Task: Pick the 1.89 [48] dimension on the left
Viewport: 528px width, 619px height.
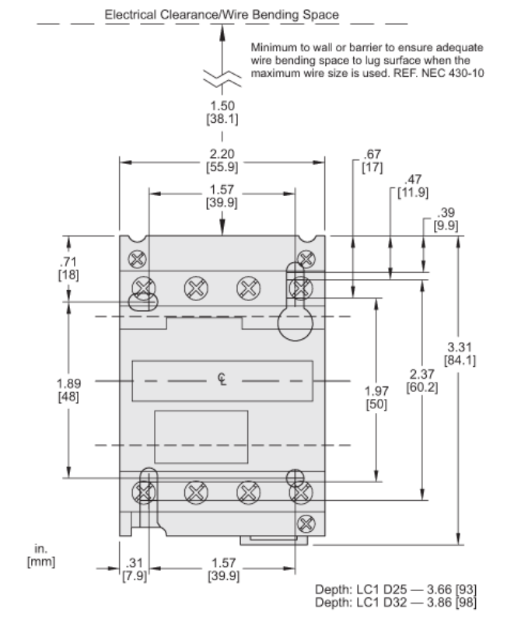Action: point(68,390)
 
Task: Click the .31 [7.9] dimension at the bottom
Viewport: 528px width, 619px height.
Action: point(135,568)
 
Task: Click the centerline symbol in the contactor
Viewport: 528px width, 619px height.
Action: point(223,379)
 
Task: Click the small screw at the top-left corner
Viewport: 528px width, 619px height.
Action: point(138,258)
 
